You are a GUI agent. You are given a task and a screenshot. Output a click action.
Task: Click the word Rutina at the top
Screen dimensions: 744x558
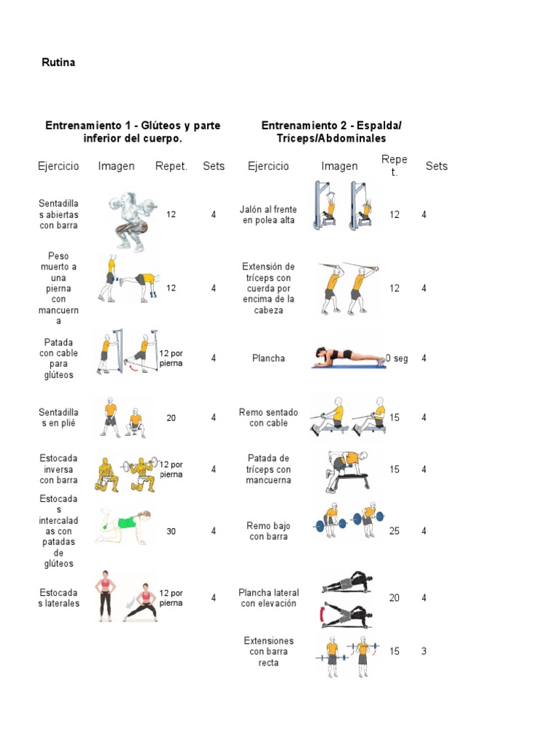tap(58, 62)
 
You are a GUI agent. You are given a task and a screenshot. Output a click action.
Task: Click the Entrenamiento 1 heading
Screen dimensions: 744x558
tap(132, 132)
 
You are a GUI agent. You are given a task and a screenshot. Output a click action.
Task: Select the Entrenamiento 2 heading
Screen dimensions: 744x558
tap(331, 132)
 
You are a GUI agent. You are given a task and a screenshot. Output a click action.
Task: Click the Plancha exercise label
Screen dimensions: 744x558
tap(268, 358)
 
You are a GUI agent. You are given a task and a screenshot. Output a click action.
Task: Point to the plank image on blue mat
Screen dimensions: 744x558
tap(349, 357)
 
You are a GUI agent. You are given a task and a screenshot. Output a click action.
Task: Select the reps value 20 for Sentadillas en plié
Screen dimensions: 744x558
tap(171, 418)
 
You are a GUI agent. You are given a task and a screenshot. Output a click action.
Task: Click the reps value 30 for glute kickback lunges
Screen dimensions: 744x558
tap(171, 531)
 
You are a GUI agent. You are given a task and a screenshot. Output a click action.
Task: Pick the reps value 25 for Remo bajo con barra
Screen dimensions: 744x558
tap(394, 531)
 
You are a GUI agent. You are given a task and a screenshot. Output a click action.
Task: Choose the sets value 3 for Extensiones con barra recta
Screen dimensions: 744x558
tap(424, 651)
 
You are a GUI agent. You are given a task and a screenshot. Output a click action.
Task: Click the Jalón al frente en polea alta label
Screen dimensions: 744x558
tap(268, 214)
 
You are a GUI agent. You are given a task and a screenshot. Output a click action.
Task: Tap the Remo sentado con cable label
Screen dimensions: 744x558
tap(268, 418)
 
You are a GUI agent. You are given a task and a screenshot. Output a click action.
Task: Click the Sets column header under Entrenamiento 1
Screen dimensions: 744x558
tap(214, 166)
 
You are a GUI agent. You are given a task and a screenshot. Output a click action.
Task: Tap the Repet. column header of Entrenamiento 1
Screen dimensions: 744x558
tap(171, 166)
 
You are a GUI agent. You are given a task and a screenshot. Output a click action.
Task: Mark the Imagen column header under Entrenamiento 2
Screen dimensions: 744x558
tap(339, 166)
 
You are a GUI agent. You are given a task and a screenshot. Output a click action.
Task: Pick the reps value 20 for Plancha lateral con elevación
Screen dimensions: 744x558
tap(394, 598)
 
